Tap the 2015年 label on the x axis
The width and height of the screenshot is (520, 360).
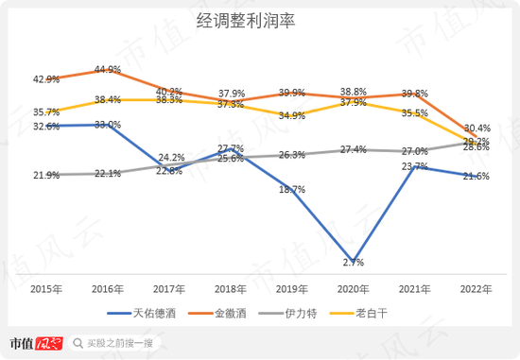46,289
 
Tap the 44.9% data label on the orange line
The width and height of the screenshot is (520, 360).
108,70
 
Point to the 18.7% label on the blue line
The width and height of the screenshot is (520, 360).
292,190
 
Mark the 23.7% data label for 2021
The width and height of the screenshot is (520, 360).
413,166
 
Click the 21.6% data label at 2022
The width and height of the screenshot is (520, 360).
475,177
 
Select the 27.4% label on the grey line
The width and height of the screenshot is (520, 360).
353,149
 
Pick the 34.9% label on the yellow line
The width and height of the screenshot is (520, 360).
292,115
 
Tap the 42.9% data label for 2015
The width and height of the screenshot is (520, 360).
46,79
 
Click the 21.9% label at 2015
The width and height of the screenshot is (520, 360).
46,176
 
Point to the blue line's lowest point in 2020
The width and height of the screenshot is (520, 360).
352,254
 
